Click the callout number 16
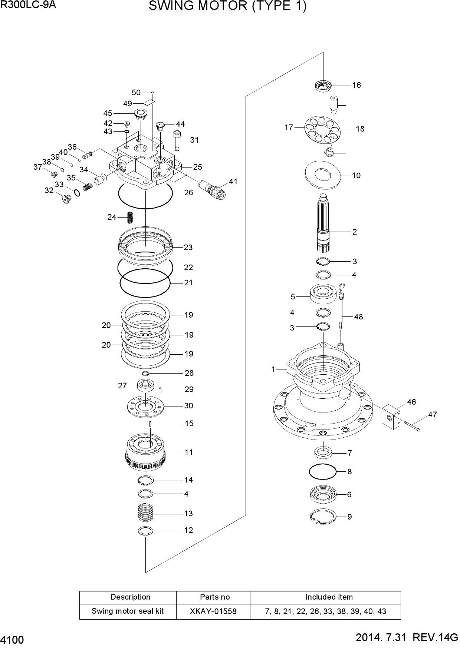coord(356,85)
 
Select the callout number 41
coord(233,182)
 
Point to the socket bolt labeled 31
coord(177,140)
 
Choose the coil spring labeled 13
coord(145,514)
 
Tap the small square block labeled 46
coord(391,417)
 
